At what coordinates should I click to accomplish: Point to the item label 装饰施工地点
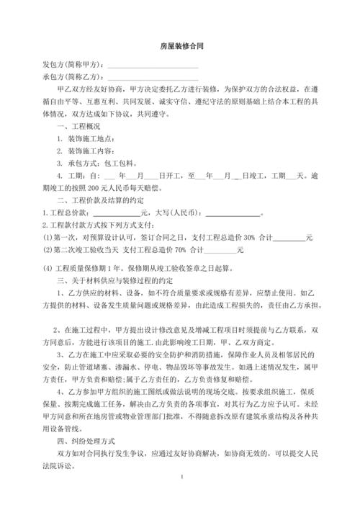coord(91,138)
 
